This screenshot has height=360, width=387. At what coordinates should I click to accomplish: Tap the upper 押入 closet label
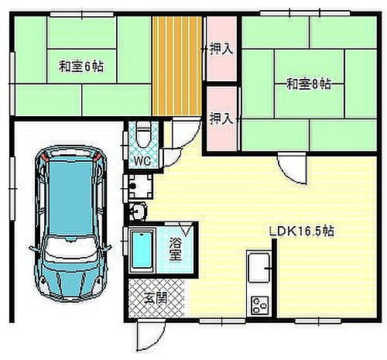pyautogui.click(x=221, y=49)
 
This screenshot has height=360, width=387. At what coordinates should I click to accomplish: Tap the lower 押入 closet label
pyautogui.click(x=221, y=118)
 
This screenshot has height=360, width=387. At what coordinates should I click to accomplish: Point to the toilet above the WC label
pyautogui.click(x=142, y=137)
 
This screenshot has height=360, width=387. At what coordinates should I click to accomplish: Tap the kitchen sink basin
pyautogui.click(x=259, y=271)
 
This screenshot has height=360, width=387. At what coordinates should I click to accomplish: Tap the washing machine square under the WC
pyautogui.click(x=139, y=185)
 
